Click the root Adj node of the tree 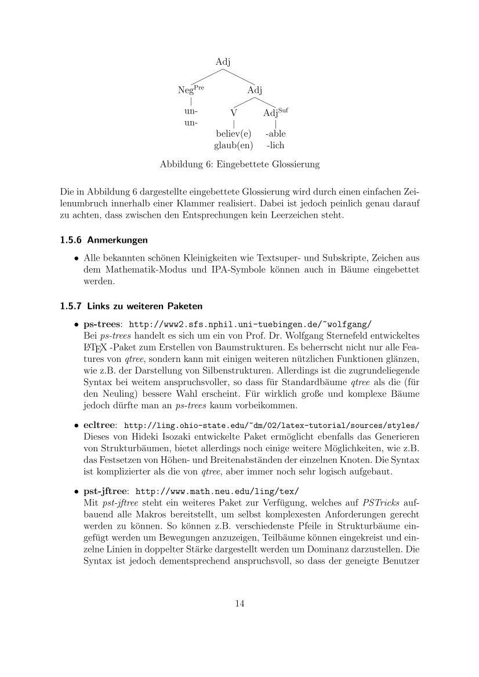click(223, 62)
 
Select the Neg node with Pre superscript click(191, 90)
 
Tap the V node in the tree click(233, 113)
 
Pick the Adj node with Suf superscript click(275, 112)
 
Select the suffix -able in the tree click(275, 134)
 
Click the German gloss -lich click(275, 145)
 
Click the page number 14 click(239, 604)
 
